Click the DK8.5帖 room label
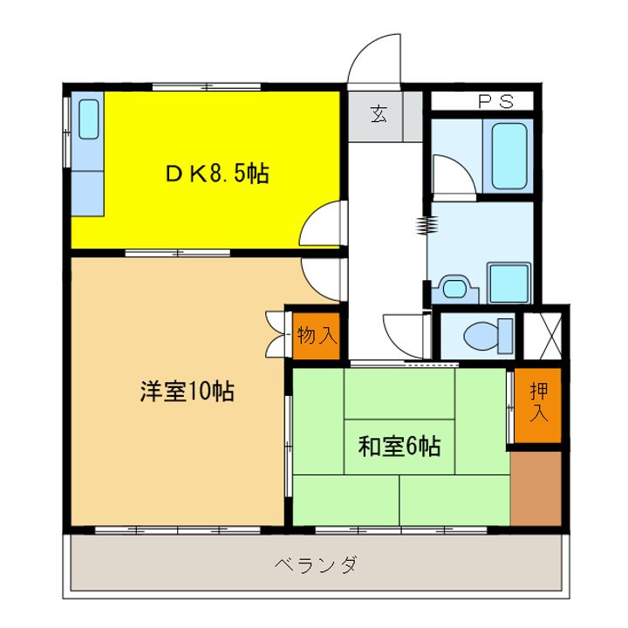217,174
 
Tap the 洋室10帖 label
188,392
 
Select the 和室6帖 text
399,447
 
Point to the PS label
494,102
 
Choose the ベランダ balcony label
314,564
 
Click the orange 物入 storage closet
316,335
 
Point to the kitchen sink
89,119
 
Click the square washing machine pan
509,283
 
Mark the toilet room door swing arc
406,332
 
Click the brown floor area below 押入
536,488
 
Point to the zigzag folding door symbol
427,226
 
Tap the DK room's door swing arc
320,224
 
